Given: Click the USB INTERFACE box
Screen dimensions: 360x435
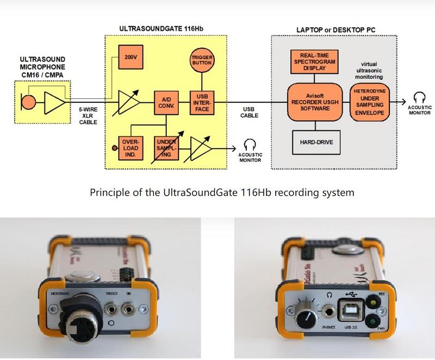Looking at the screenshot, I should tap(199, 103).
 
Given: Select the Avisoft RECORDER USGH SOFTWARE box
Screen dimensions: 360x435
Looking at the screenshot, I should tap(314, 102).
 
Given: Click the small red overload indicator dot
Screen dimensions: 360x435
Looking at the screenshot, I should tap(113, 148).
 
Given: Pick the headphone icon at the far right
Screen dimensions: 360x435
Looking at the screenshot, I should tap(418, 98).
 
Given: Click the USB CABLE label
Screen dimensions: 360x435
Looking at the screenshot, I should tap(250, 113).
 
